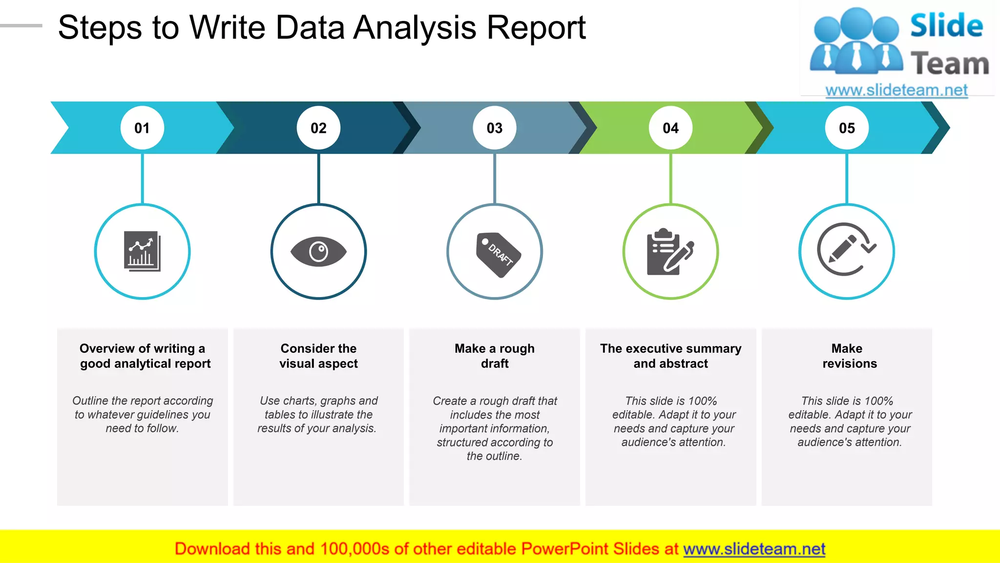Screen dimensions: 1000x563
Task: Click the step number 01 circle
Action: coord(142,128)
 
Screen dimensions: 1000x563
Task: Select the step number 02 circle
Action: coord(318,128)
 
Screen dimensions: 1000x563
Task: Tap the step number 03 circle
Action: coord(495,128)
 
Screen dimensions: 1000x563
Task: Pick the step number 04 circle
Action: coord(670,128)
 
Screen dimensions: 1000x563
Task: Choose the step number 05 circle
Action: coord(847,128)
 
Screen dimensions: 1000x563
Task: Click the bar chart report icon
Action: coord(142,251)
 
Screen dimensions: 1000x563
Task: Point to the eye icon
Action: coord(318,252)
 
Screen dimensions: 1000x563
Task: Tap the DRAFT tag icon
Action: coord(498,254)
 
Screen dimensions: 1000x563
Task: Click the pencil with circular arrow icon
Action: coord(846,250)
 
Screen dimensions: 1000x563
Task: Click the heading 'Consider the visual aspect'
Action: coord(318,356)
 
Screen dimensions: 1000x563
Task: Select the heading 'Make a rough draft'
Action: coord(495,356)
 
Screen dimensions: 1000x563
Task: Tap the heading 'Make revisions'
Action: coord(849,356)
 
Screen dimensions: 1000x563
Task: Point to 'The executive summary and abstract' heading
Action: coord(670,356)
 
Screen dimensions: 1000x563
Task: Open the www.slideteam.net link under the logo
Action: coord(896,90)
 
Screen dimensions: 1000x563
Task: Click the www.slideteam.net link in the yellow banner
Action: coord(754,549)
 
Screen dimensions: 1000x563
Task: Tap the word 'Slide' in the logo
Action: coord(946,25)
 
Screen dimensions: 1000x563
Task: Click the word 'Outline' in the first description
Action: coord(90,401)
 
